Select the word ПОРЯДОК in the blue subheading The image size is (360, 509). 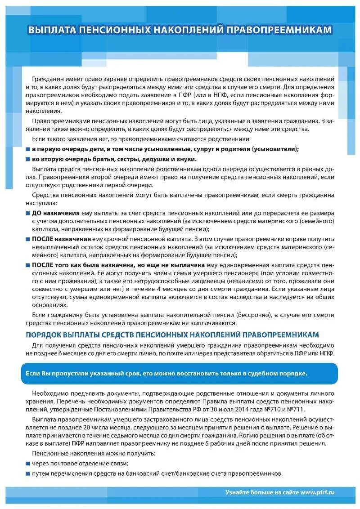click(x=43, y=335)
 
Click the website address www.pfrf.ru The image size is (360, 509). click(x=318, y=492)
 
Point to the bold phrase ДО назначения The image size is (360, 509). click(x=55, y=213)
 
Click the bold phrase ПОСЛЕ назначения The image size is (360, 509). click(x=61, y=239)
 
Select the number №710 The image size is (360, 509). click(x=279, y=410)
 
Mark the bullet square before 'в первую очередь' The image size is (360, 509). click(x=28, y=149)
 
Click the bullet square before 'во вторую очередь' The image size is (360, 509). click(x=28, y=159)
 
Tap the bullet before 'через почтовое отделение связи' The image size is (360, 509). click(x=28, y=463)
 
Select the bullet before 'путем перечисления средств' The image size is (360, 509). click(x=28, y=473)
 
